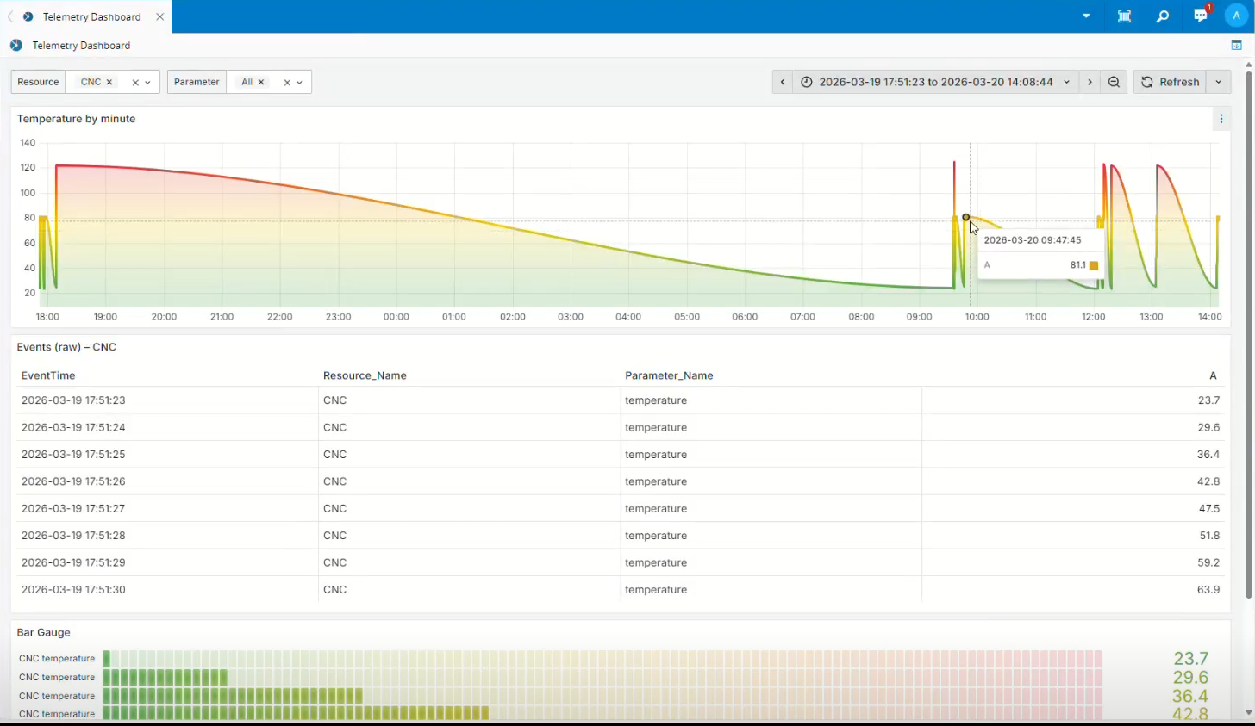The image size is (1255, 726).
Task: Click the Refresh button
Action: coord(1170,82)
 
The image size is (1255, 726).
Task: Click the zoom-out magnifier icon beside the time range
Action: coord(1114,82)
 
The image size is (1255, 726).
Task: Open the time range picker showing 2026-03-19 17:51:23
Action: coord(935,82)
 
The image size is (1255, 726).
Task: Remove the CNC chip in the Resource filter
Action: coord(109,82)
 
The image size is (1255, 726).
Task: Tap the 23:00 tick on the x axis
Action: coord(338,317)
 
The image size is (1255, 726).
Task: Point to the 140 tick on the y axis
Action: coord(28,143)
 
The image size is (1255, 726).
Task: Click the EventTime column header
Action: coord(48,375)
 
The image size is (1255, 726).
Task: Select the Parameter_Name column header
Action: coord(669,375)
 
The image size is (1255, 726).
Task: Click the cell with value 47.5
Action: coord(1208,509)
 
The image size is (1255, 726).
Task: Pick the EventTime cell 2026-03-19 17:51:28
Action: coord(73,536)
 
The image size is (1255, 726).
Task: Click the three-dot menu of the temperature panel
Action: coord(1221,119)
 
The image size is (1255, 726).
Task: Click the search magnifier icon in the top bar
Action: coord(1162,16)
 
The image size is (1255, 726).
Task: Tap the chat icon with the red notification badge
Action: coord(1200,16)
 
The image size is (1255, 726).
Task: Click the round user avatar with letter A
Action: coord(1236,16)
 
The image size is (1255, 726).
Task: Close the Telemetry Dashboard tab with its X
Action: coord(159,16)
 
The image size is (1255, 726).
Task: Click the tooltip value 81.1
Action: coord(1077,265)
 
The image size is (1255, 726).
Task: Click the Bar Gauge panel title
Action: coord(44,632)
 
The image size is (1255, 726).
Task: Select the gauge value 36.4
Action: coord(1189,696)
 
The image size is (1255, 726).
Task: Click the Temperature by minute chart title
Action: coord(76,119)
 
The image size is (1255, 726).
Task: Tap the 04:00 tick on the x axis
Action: coord(628,317)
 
